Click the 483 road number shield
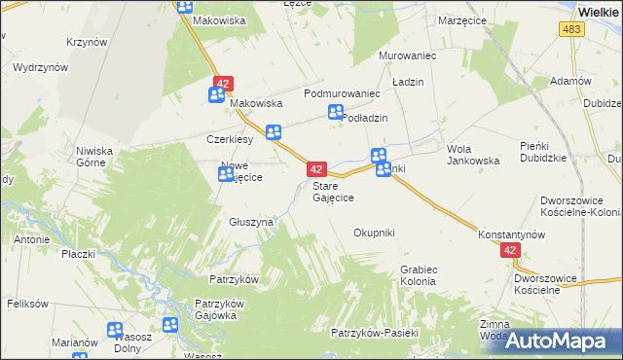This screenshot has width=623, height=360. point(571,31)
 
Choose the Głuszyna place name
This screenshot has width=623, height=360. point(251,222)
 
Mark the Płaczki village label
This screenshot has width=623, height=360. point(78,254)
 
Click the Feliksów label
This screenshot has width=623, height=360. point(27,304)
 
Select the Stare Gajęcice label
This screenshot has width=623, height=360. point(333,191)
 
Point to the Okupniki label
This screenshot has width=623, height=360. point(374,233)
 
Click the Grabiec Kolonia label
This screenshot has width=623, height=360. point(418,275)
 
